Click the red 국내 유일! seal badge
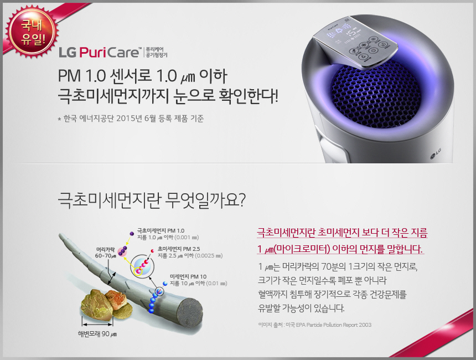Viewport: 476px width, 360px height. pyautogui.click(x=32, y=32)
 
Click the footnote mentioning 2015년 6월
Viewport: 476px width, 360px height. pyautogui.click(x=131, y=119)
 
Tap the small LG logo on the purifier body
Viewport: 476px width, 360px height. pyautogui.click(x=436, y=153)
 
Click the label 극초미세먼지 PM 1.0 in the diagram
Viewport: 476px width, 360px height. pyautogui.click(x=161, y=230)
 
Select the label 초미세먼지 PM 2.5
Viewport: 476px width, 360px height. pyautogui.click(x=179, y=249)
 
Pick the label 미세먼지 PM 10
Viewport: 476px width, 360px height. pyautogui.click(x=188, y=276)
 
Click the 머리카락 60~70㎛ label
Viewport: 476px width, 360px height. pyautogui.click(x=105, y=253)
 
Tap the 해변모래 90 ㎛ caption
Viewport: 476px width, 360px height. pyautogui.click(x=97, y=334)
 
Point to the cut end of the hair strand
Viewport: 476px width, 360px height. pyautogui.click(x=190, y=313)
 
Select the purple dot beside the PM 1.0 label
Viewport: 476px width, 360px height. pyautogui.click(x=132, y=234)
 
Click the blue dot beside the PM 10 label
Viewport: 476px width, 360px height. pyautogui.click(x=165, y=284)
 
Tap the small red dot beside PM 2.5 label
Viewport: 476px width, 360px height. pyautogui.click(x=152, y=251)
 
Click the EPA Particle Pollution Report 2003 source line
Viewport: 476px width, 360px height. pyautogui.click(x=314, y=325)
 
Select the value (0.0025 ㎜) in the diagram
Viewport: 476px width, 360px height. pyautogui.click(x=209, y=256)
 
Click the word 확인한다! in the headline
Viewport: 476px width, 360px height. pyautogui.click(x=249, y=96)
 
